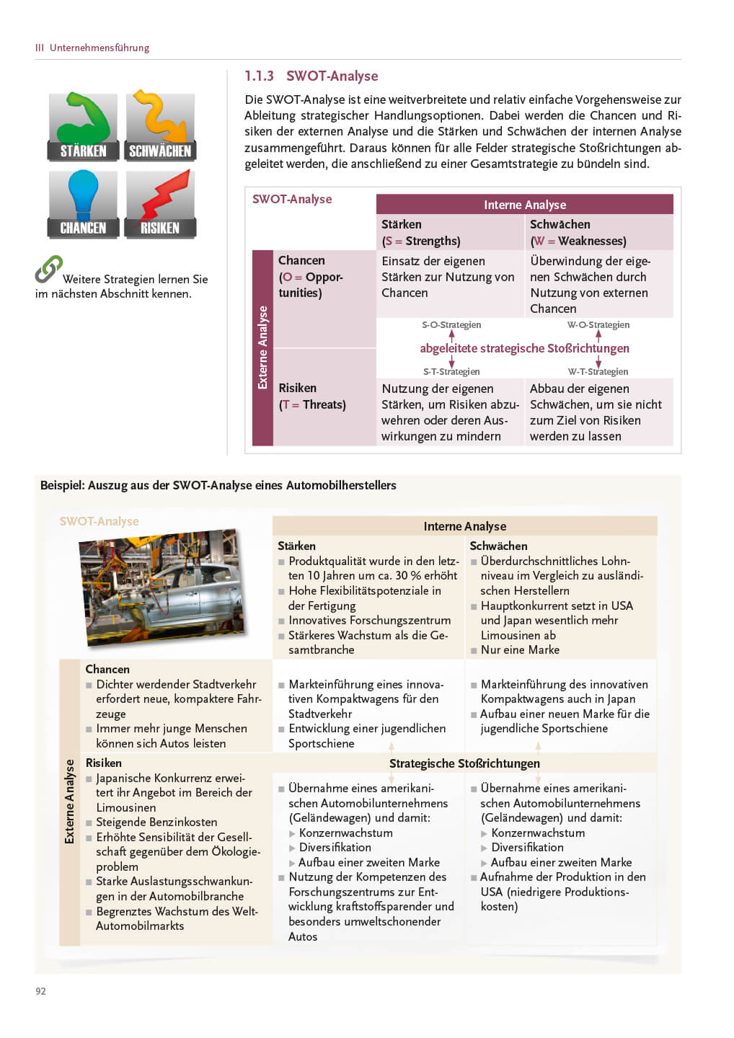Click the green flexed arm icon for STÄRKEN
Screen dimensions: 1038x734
83,120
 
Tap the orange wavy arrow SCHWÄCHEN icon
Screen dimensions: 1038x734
160,118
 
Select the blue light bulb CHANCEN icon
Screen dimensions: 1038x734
83,195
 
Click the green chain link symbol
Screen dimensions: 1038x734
48,269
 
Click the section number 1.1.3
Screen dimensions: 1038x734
259,76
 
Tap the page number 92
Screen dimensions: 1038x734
40,991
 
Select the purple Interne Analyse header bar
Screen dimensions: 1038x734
524,205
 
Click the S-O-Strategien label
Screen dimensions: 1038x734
451,325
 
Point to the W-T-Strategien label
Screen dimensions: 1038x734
598,372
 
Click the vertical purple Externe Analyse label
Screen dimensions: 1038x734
262,347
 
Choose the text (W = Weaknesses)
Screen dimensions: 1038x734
578,241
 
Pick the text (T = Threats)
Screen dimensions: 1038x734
312,404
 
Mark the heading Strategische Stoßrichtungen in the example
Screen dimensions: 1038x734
464,763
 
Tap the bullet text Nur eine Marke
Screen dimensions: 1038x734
520,649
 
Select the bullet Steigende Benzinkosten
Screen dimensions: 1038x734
156,822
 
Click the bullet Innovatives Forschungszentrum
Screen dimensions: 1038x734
369,620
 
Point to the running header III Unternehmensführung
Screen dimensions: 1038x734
92,48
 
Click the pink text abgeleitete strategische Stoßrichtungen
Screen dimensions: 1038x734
524,348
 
